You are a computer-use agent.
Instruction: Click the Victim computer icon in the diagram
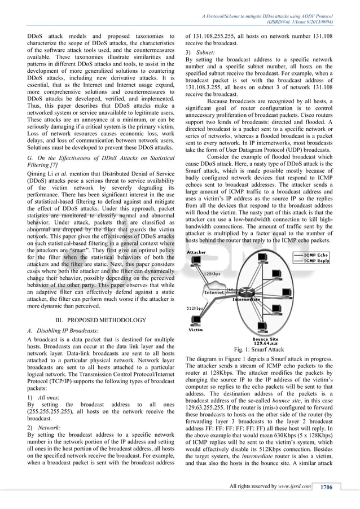coord(195,319)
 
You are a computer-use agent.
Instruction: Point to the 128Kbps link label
coord(212,273)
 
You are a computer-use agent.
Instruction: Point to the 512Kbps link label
coord(195,309)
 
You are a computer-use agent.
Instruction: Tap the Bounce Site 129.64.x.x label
coord(265,340)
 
